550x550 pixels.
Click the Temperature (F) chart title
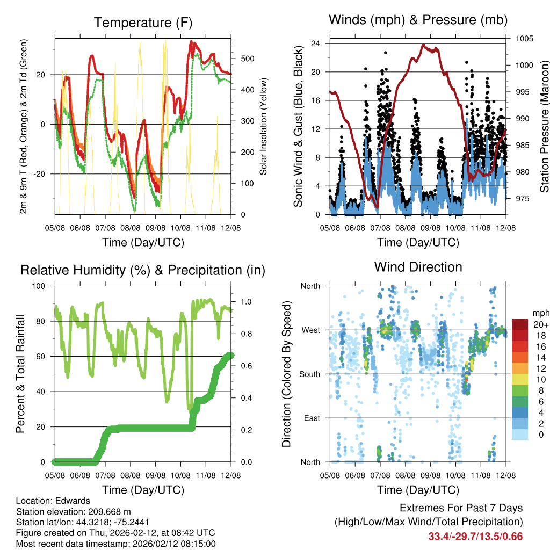(x=143, y=23)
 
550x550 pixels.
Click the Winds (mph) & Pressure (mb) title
(x=418, y=20)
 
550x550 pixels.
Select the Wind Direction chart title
(x=418, y=267)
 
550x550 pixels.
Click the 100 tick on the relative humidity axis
(x=42, y=286)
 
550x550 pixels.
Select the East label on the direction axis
(x=311, y=418)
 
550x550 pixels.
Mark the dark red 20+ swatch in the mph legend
(x=519, y=324)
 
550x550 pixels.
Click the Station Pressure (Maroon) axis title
(x=544, y=126)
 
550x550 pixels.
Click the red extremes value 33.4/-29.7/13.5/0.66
(x=475, y=536)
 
